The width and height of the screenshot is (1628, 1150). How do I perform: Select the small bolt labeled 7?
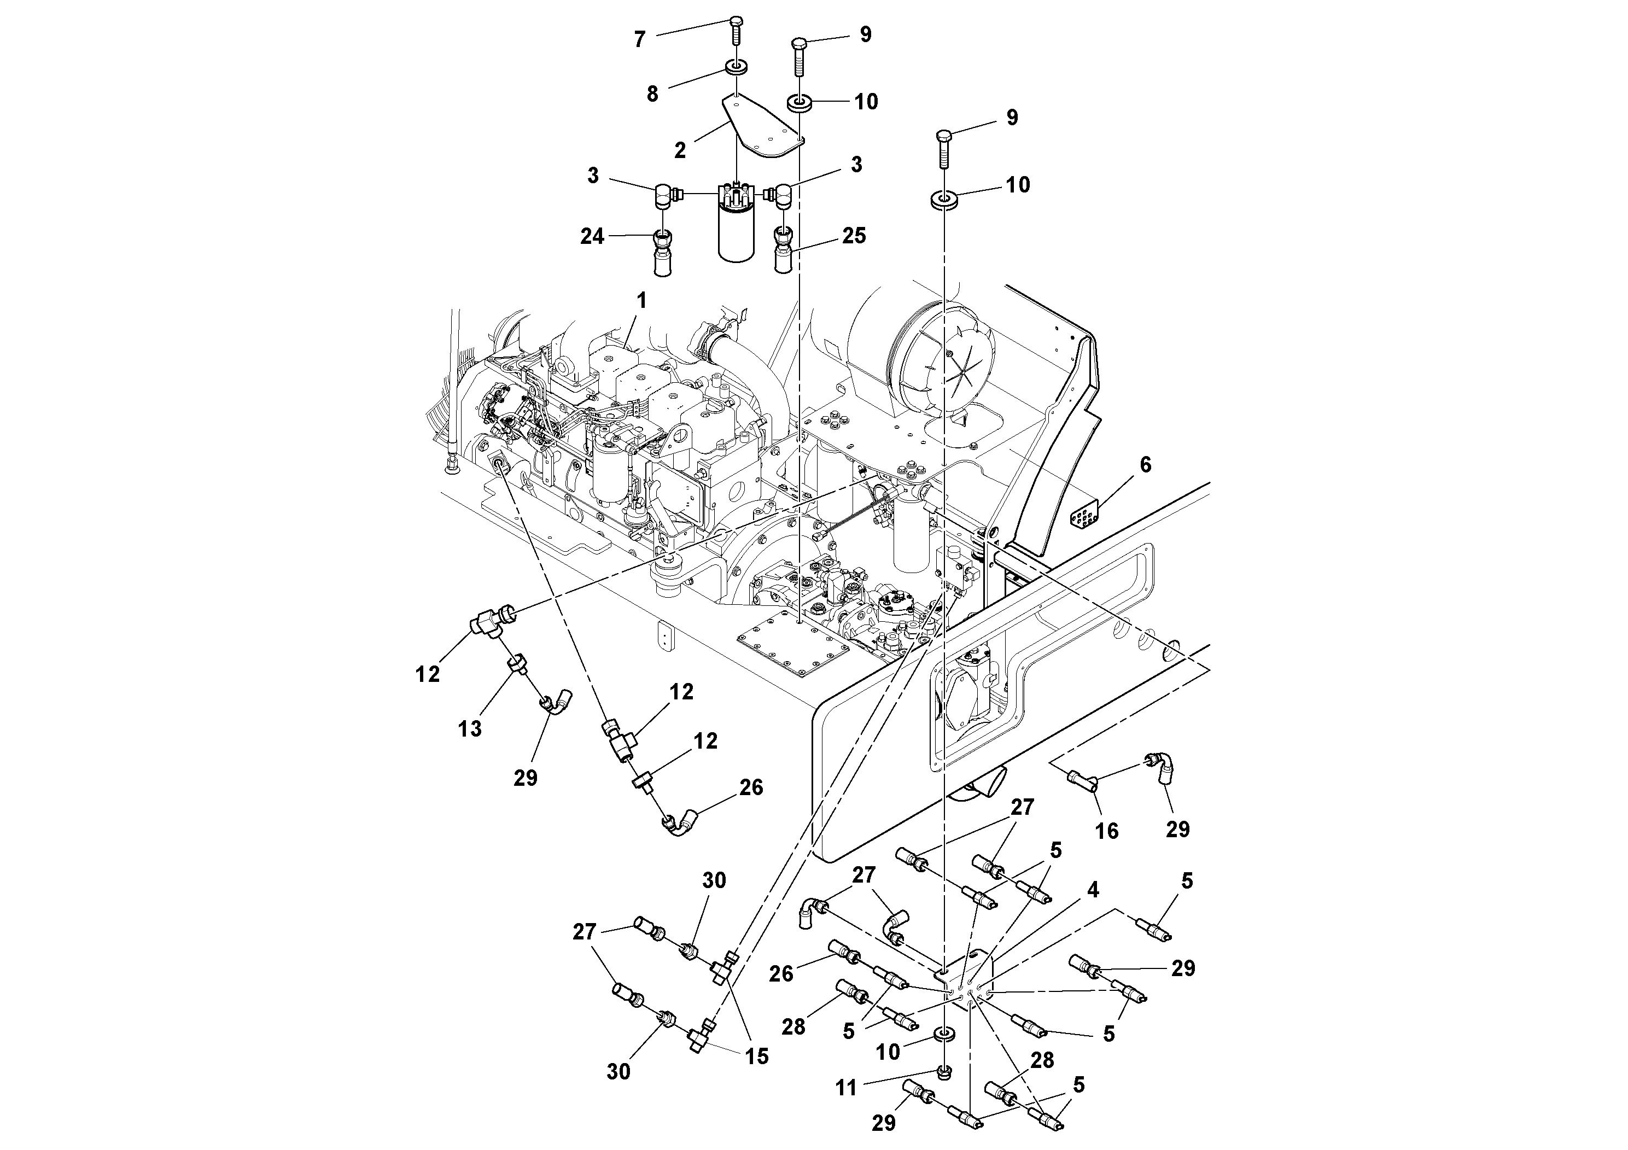(x=736, y=31)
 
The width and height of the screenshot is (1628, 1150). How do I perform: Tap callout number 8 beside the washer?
(x=652, y=94)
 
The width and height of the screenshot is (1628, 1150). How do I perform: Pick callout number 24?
(x=592, y=236)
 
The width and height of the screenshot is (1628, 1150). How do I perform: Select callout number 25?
(x=854, y=235)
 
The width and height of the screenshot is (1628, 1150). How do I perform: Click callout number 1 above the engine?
(x=641, y=301)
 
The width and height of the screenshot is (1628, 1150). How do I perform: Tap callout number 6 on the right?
(x=1145, y=465)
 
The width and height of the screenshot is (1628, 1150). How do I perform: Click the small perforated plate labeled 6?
(x=1083, y=517)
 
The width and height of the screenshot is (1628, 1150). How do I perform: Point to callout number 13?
(x=469, y=728)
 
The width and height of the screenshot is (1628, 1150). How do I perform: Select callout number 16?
(x=1107, y=830)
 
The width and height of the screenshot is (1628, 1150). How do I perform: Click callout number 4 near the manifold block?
(x=1093, y=890)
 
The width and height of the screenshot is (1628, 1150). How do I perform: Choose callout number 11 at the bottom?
(x=846, y=1088)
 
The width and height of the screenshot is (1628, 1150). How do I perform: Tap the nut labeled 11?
(x=944, y=1072)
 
